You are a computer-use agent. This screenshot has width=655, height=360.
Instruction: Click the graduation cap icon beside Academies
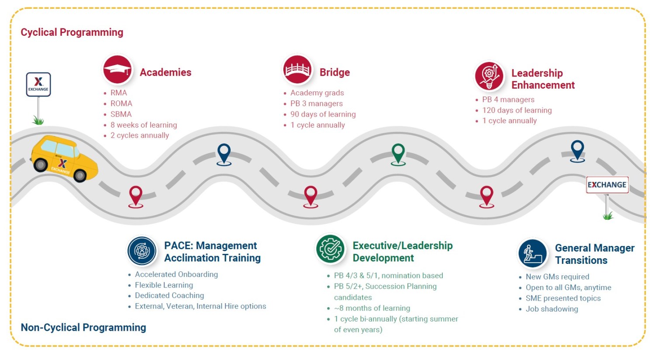[117, 69]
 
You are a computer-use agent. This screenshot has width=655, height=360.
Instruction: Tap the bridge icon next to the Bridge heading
[297, 69]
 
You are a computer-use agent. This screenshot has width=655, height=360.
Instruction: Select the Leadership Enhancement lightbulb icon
[489, 76]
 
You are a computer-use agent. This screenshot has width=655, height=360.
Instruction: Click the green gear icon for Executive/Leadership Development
[331, 249]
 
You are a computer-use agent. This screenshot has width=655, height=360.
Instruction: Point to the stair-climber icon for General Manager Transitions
[532, 253]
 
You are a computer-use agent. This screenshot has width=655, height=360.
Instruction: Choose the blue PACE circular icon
[142, 251]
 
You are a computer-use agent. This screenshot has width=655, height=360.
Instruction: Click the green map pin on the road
[398, 155]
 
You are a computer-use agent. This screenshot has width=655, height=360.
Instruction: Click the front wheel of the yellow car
[80, 175]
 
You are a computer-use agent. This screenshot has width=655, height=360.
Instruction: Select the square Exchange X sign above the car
[38, 84]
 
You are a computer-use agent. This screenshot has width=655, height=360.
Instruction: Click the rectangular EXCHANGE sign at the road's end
[607, 185]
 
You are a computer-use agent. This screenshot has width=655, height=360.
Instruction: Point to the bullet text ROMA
[121, 104]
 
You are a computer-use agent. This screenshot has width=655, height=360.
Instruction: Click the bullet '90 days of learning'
[323, 114]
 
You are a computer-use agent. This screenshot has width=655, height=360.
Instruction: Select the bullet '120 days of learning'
[517, 110]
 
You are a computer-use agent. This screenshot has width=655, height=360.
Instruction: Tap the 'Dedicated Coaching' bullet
[169, 295]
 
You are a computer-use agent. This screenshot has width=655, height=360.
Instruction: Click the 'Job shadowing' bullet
[552, 309]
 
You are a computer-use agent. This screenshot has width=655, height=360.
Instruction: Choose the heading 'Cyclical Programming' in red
[72, 32]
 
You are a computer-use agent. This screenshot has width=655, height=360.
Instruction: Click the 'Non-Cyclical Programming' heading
[83, 327]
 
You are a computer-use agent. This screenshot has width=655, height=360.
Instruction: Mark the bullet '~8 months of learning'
[372, 308]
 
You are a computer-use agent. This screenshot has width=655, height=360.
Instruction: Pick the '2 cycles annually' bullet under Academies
[140, 135]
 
